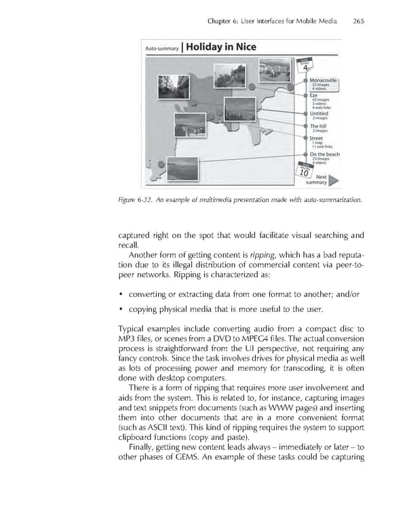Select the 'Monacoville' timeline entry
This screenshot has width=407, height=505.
tap(324, 80)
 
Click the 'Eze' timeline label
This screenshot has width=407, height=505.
tap(314, 95)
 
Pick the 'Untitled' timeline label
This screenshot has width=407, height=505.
tap(321, 113)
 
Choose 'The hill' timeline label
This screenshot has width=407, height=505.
tap(319, 126)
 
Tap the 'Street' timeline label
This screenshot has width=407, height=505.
tap(317, 138)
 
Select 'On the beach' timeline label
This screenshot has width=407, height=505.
tap(324, 154)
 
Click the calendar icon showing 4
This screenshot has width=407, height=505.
tap(307, 67)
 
